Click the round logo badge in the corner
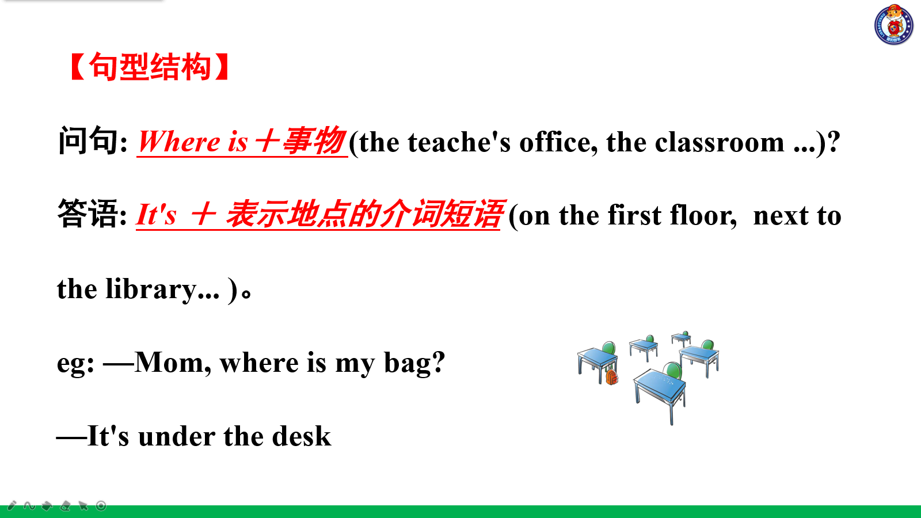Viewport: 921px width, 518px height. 893,25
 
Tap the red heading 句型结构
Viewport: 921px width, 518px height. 150,67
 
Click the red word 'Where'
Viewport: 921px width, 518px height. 179,142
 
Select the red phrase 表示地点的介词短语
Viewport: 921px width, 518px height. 364,215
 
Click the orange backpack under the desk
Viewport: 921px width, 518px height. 611,376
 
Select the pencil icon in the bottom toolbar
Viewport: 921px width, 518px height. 12,506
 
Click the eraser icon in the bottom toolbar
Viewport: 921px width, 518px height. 65,506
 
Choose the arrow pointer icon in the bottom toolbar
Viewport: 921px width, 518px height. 83,506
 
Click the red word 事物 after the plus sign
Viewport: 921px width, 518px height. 314,141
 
